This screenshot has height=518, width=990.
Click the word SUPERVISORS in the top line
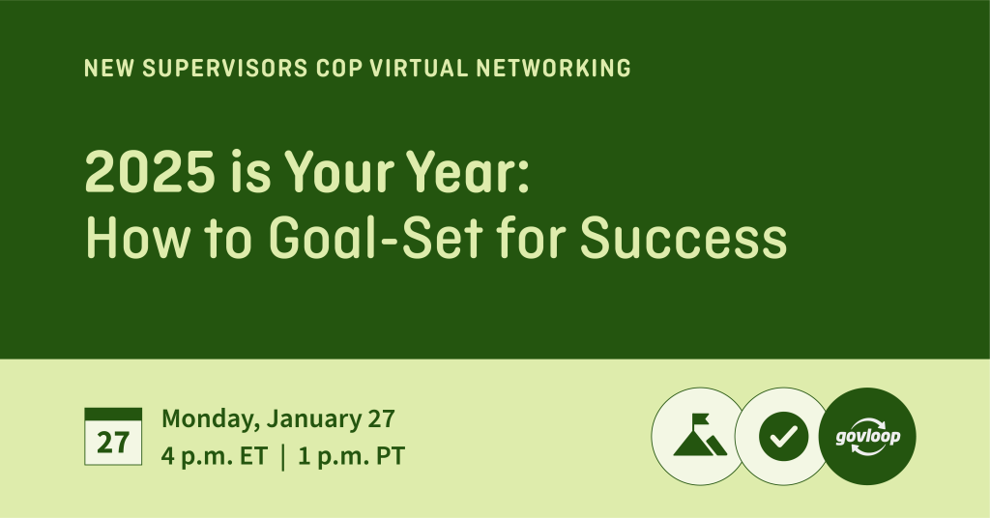[x=224, y=69]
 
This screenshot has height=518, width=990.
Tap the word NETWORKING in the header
[x=553, y=69]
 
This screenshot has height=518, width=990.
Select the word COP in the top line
[x=338, y=69]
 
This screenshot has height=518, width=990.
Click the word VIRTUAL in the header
[x=419, y=69]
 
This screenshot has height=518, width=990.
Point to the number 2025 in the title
[x=150, y=172]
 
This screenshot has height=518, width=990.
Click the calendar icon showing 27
[x=113, y=437]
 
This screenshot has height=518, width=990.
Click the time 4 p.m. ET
[x=215, y=456]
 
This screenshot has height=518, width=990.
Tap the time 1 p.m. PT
[x=351, y=456]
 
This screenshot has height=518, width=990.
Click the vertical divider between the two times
[x=283, y=457]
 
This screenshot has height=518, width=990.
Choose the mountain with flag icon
[x=700, y=436]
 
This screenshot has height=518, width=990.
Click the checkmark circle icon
[x=783, y=436]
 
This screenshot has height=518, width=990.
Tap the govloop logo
[x=867, y=436]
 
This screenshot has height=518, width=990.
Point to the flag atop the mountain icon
[x=702, y=419]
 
